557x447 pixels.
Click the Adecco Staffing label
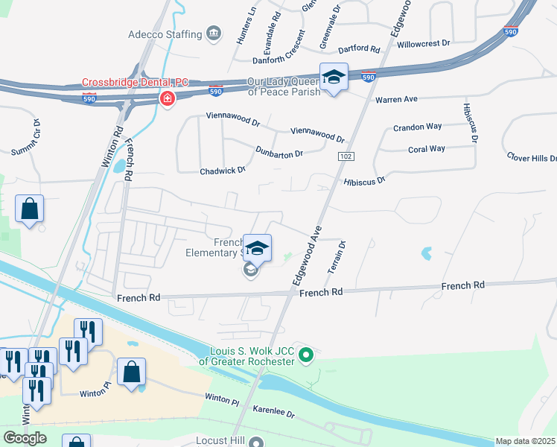(165, 34)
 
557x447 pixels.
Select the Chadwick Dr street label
(223, 171)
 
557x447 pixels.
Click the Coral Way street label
(427, 149)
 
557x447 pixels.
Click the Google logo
(25, 438)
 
